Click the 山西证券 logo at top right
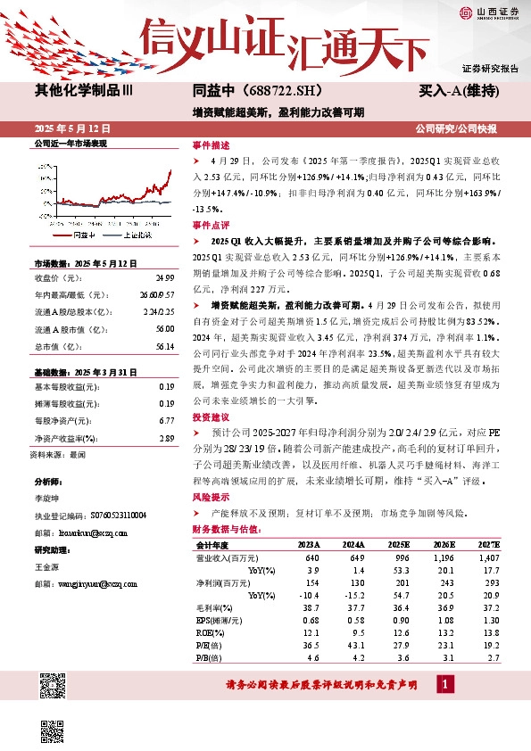coord(492,12)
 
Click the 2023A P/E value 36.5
coord(310,645)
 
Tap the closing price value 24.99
coord(164,277)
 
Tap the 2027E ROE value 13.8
coord(493,632)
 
